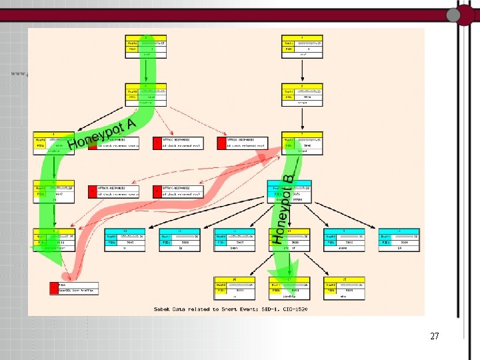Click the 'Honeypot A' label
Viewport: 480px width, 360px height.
coord(103,134)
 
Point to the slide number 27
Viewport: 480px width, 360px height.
coord(435,336)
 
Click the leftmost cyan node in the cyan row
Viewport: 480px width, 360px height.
coord(125,239)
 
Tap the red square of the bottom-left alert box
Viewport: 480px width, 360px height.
coord(54,288)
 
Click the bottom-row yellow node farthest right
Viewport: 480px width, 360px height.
coord(343,285)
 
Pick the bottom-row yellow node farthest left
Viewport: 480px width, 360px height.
coord(233,285)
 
